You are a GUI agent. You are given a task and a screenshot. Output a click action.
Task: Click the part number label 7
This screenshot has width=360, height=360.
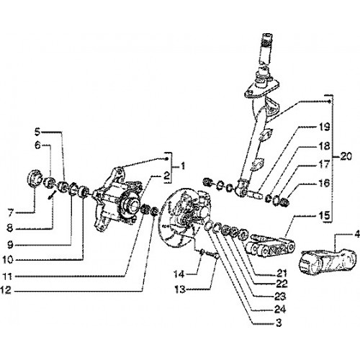pyautogui.click(x=10, y=212)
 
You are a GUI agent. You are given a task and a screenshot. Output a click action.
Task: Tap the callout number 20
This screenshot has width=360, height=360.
pyautogui.click(x=345, y=156)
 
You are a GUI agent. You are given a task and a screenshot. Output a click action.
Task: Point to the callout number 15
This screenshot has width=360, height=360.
pyautogui.click(x=324, y=215)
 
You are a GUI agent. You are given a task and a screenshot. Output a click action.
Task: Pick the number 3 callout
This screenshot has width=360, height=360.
pyautogui.click(x=279, y=323)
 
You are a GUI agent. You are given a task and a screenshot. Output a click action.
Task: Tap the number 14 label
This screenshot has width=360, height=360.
pyautogui.click(x=179, y=274)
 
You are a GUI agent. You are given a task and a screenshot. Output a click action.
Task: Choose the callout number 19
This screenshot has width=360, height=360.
pyautogui.click(x=324, y=127)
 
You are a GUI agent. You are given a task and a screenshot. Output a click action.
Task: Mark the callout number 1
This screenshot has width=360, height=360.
pyautogui.click(x=183, y=166)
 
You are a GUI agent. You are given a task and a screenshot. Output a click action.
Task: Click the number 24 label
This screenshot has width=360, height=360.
pyautogui.click(x=279, y=309)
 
